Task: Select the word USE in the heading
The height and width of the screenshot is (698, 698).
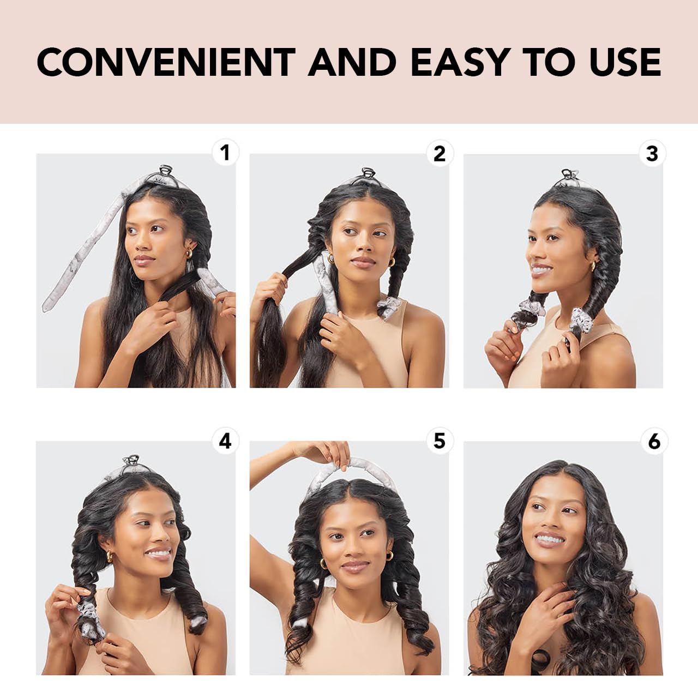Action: tap(625, 62)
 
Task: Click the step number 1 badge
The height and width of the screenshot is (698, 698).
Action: tap(225, 153)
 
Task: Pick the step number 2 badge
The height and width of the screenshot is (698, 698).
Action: tap(439, 153)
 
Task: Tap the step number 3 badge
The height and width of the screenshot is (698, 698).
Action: tap(652, 153)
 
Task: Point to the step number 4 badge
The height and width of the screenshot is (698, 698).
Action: tap(225, 441)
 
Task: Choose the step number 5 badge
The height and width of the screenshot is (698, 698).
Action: tap(439, 441)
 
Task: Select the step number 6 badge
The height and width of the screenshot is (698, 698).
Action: tap(654, 441)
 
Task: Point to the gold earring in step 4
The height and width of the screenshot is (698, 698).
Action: tap(109, 557)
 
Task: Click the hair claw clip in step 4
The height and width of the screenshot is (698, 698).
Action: tap(131, 461)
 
